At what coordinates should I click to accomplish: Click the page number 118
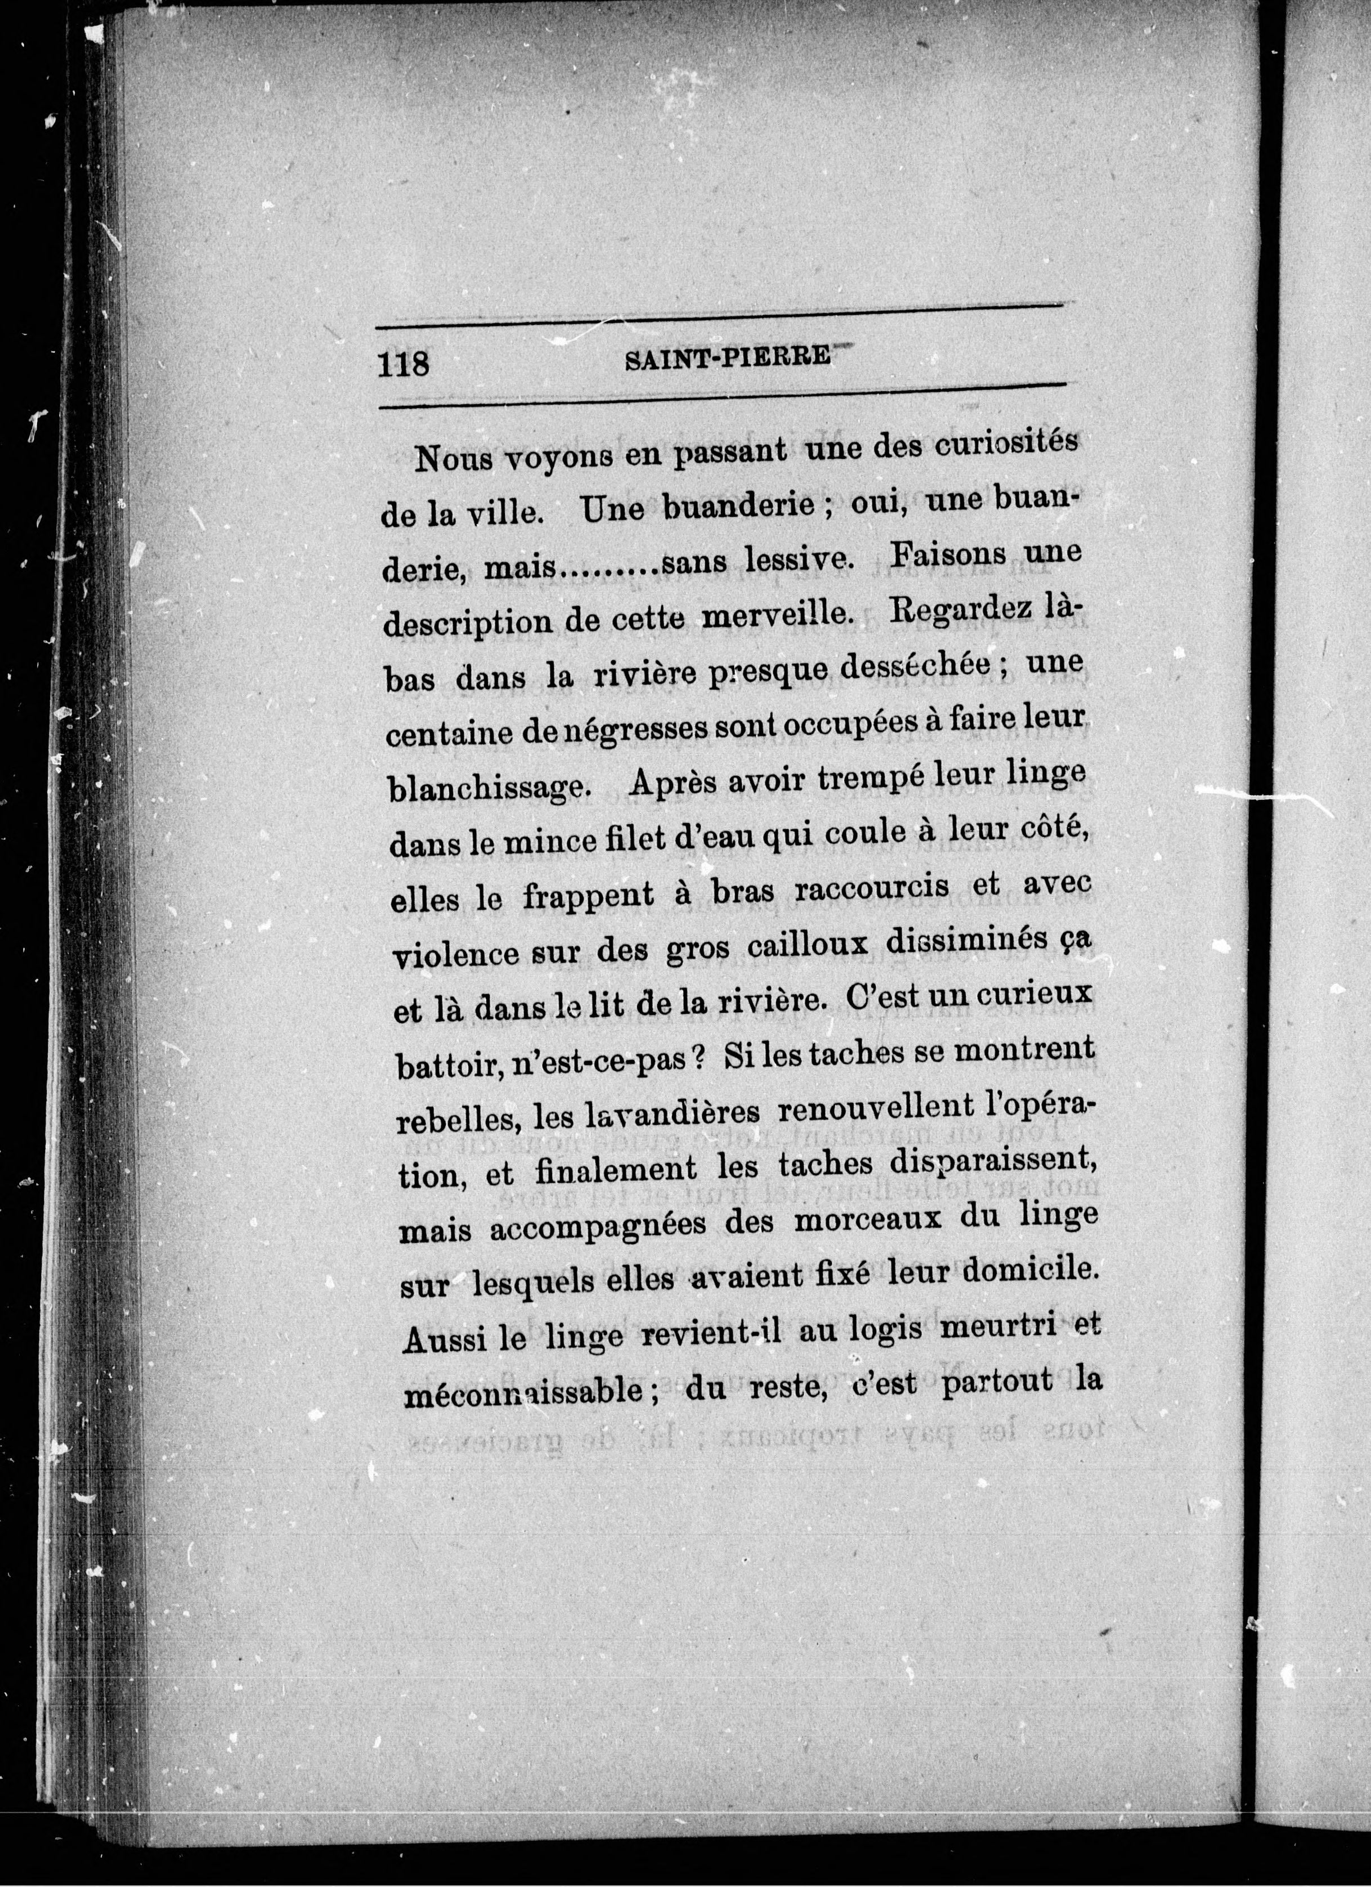pos(404,364)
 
